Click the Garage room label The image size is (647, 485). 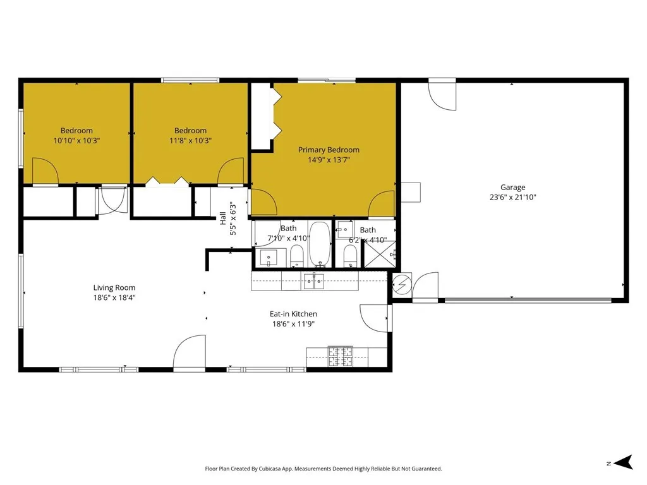pos(512,187)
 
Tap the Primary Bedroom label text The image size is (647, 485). pos(329,150)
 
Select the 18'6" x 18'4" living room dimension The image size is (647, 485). pos(114,297)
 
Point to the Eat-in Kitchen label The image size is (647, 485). pos(293,314)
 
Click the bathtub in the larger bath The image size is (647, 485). pos(320,243)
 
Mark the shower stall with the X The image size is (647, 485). pos(380,256)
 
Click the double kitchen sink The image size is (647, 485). pos(313,280)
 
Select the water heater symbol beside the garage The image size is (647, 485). pos(401,285)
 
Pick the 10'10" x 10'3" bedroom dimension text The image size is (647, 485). pos(76,141)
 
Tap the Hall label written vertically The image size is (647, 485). pos(223,218)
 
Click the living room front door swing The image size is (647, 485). pos(190,352)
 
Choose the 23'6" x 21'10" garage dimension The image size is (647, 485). pos(512,197)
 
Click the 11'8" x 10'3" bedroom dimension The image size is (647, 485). pos(190,141)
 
